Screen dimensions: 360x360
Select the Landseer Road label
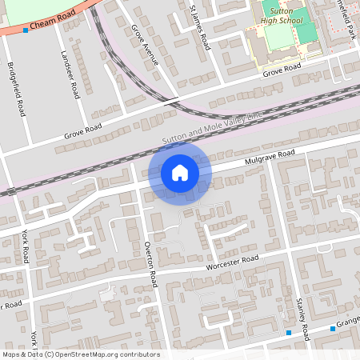coord(70,75)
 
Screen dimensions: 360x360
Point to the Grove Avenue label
coord(145,45)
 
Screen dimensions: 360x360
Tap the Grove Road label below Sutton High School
coord(282,72)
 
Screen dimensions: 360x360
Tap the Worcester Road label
coord(233,262)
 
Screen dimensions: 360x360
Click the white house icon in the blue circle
coord(180,172)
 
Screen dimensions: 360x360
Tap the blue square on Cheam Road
coord(26,30)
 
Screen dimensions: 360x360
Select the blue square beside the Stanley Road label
coord(289,332)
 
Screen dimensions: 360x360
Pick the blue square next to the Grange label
coord(333,328)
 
